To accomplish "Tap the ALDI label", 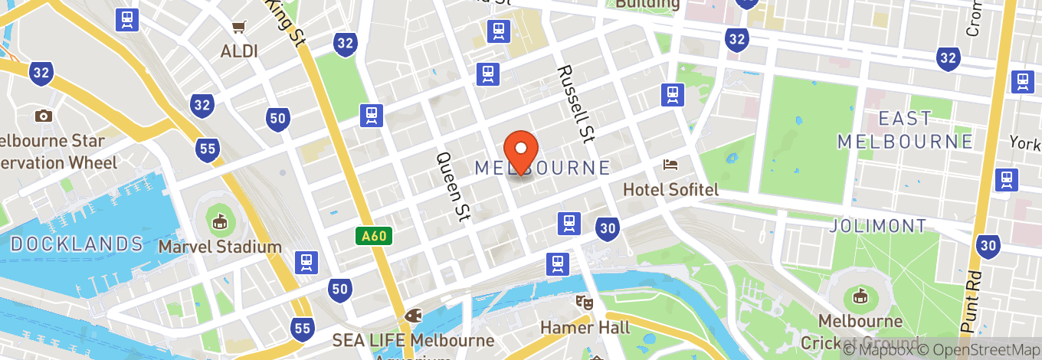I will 239,51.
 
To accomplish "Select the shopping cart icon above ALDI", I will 239,28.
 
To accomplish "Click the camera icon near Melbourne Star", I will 43,116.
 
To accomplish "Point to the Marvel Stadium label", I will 220,247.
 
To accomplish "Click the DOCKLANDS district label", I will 77,244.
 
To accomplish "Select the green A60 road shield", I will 374,236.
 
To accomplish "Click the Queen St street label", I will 452,186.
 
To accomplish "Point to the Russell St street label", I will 576,102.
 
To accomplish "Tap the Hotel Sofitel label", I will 671,189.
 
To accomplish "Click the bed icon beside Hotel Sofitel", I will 670,165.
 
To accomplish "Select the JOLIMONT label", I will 877,226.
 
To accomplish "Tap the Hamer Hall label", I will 585,328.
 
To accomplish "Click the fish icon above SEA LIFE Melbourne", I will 414,315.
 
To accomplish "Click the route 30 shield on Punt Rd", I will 988,245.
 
